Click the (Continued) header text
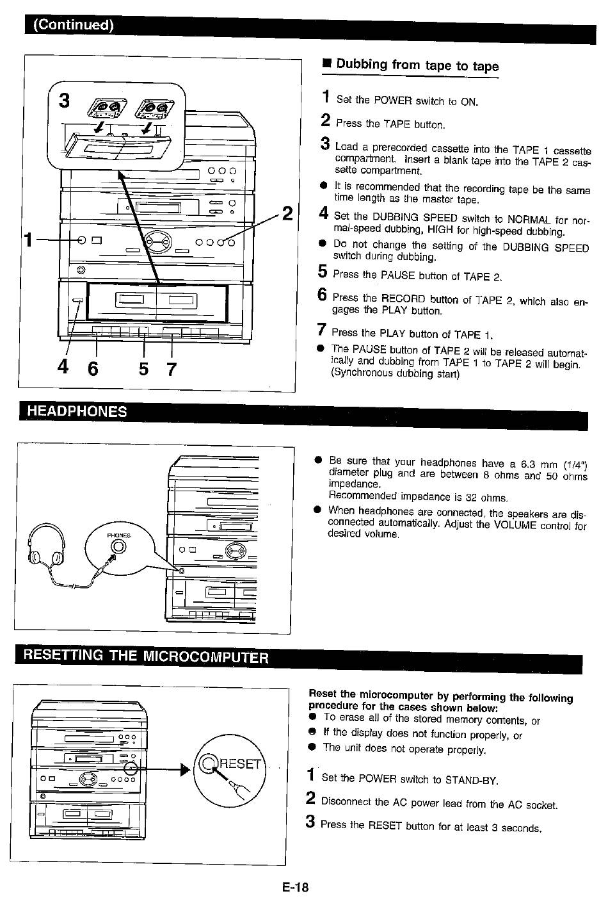point(74,25)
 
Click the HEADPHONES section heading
point(77,411)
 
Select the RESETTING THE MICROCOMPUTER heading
point(146,656)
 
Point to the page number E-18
point(296,887)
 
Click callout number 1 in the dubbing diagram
point(28,240)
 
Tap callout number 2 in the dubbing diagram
point(287,213)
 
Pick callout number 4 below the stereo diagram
point(63,367)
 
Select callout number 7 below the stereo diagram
point(172,369)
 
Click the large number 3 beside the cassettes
point(64,100)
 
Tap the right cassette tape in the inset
point(154,110)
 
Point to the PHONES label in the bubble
point(118,535)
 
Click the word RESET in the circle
point(241,763)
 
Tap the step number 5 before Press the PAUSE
point(322,271)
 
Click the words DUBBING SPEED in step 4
point(415,218)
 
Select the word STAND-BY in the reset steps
point(472,779)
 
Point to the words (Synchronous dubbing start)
point(396,373)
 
